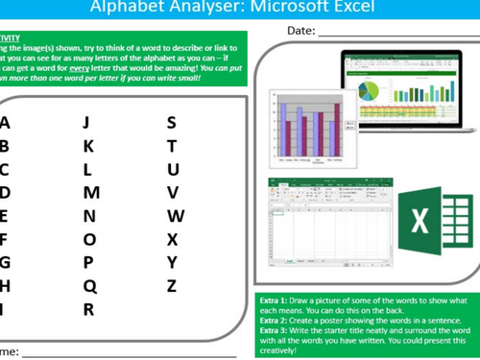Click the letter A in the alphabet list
click(5, 122)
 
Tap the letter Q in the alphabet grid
click(89, 285)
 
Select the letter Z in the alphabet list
click(172, 285)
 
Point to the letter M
click(91, 192)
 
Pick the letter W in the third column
click(175, 216)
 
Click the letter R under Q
click(88, 309)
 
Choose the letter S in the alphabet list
click(172, 122)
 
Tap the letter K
click(88, 146)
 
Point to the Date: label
click(300, 33)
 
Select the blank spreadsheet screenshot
click(326, 221)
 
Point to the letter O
click(89, 239)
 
